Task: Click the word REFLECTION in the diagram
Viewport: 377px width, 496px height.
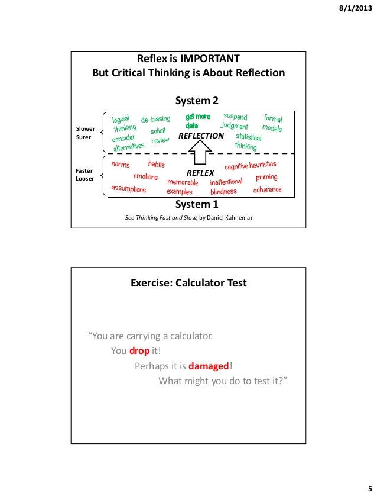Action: coord(201,136)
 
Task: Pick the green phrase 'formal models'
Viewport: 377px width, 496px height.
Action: coord(272,124)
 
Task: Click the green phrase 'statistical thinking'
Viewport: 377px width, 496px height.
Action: coord(248,141)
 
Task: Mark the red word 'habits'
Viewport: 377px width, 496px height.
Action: coord(157,164)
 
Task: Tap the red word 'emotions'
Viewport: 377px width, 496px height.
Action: coord(145,176)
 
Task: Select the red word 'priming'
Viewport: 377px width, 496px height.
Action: coord(267,178)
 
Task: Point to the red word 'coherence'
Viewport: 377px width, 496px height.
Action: coord(267,190)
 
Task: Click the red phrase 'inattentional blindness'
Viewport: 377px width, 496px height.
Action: coord(225,187)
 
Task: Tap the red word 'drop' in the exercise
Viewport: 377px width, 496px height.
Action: coord(139,350)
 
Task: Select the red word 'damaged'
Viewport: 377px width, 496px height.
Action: coord(209,365)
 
